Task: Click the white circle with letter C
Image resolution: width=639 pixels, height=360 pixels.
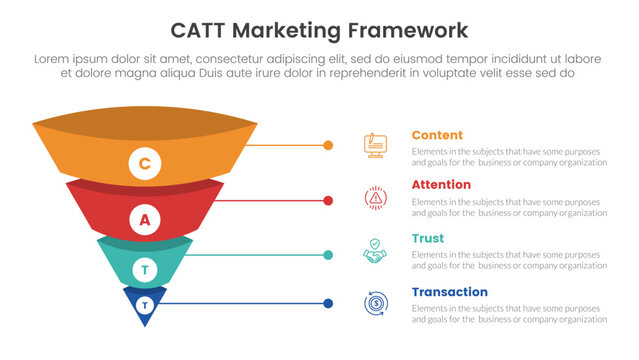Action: (144, 163)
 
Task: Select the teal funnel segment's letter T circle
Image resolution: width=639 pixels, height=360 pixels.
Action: (145, 270)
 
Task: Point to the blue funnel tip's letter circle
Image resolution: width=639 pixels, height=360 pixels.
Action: (145, 304)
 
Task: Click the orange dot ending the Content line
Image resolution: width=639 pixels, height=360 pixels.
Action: (329, 146)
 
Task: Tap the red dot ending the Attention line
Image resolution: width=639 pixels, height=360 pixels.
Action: (329, 201)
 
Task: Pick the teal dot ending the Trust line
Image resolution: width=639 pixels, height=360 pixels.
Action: (329, 255)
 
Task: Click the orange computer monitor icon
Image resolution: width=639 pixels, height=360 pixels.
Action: (376, 146)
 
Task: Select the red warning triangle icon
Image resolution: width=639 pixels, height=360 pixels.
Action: (376, 199)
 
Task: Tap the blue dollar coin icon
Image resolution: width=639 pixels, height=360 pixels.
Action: (376, 304)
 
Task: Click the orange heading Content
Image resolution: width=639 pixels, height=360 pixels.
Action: (437, 135)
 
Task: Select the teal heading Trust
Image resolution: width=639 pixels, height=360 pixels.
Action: (428, 238)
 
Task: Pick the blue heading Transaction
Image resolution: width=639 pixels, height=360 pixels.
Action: (450, 292)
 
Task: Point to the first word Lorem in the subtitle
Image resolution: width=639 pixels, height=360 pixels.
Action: (54, 59)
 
